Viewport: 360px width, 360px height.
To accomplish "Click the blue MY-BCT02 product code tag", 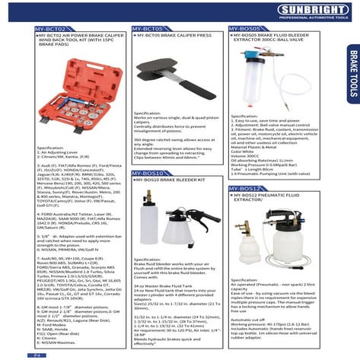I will (49, 28).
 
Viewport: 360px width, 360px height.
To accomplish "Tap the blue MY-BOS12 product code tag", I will (247, 187).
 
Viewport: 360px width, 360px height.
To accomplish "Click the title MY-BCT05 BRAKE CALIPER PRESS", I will (174, 35).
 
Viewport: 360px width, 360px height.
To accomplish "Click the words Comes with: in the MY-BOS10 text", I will (145, 279).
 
